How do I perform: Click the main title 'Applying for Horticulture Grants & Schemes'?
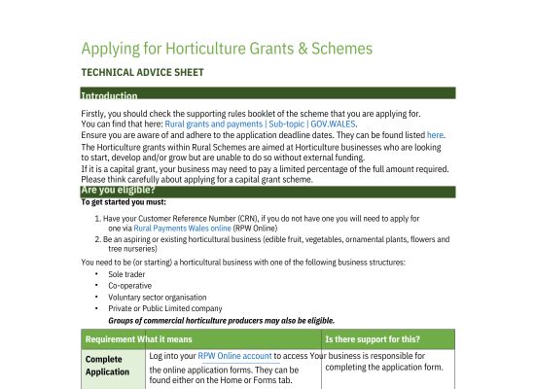pyautogui.click(x=227, y=49)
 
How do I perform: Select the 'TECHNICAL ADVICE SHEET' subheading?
pyautogui.click(x=142, y=73)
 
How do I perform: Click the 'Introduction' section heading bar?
pyautogui.click(x=109, y=95)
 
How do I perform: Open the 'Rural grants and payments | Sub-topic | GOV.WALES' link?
pyautogui.click(x=261, y=124)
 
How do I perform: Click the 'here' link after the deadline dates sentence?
pyautogui.click(x=435, y=135)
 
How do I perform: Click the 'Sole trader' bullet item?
pyautogui.click(x=126, y=275)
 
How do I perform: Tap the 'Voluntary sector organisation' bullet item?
pyautogui.click(x=158, y=297)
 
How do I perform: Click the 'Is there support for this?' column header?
pyautogui.click(x=373, y=339)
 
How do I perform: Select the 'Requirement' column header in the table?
pyautogui.click(x=111, y=339)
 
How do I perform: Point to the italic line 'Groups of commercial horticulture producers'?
pyautogui.click(x=221, y=320)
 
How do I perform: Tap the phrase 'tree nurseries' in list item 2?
pyautogui.click(x=134, y=247)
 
